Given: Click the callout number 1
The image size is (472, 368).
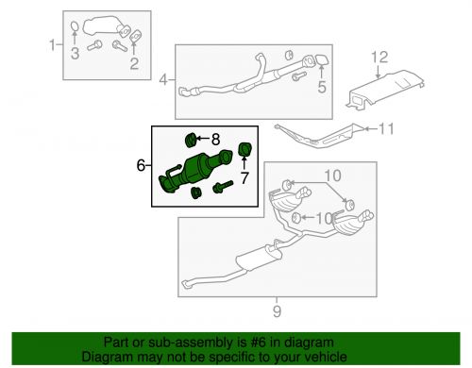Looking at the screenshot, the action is coord(53,45).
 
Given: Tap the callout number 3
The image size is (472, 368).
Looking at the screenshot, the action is coord(75,53).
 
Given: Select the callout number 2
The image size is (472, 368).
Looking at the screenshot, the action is coord(134,63).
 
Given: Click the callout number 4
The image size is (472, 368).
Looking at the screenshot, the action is coord(163,79).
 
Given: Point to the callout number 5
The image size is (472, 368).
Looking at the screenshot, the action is coord(322,87).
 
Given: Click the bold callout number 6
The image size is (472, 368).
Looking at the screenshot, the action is coord(141,165).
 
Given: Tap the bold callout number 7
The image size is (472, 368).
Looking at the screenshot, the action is coord(244,178).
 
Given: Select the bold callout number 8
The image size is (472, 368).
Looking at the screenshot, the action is coord(215,140).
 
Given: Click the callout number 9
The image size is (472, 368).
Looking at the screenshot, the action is coord(277,311).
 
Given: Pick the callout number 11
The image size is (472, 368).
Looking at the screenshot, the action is coord(386,129).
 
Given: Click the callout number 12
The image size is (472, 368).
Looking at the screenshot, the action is coord(379,58).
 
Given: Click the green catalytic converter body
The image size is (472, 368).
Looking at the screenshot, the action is coord(196,169).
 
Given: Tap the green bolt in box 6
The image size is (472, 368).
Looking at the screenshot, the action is coord(223,186).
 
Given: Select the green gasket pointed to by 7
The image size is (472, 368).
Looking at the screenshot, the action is coord(244,149).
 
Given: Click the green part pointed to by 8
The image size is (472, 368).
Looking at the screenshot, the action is coord(191,140).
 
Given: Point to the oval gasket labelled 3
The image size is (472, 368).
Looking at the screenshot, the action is coord(75,27).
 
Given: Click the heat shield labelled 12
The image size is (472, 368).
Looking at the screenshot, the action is coord(384,91).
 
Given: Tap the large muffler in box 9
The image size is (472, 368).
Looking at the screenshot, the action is coord(258,257).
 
